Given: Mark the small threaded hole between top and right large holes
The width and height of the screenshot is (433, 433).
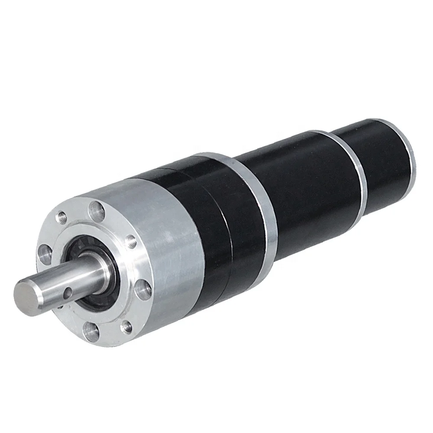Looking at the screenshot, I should (x=130, y=241).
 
